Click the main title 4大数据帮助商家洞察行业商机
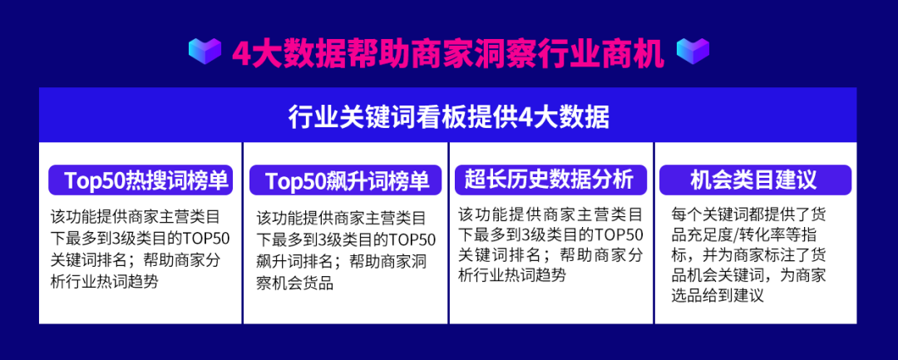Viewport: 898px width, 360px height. [448, 53]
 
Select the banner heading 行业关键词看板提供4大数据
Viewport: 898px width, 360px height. [448, 115]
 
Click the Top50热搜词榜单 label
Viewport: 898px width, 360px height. [141, 180]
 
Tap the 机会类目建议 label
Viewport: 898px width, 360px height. [753, 180]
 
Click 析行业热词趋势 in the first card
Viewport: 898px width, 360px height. [104, 281]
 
